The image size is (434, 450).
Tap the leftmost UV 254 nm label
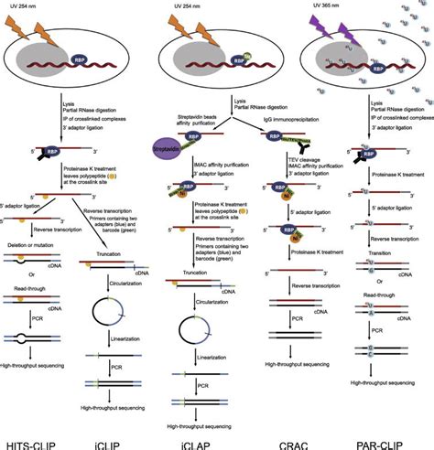pos(54,6)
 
